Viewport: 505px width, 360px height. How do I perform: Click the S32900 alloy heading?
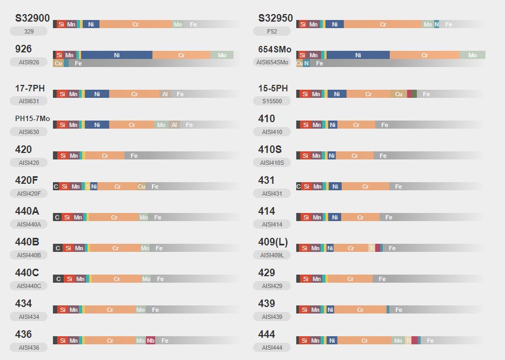coord(32,18)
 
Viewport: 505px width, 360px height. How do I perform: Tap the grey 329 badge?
coord(29,31)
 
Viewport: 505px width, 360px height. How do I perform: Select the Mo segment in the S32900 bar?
coord(178,24)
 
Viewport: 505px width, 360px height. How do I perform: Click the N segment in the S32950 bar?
coord(436,24)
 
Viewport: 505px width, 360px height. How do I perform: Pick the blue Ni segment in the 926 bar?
coord(117,55)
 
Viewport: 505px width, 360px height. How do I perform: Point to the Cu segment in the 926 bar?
coord(58,63)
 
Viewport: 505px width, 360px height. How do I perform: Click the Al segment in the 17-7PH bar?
coord(165,94)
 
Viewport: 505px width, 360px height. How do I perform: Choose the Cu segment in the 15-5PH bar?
coord(398,94)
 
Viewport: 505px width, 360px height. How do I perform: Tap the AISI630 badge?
coord(29,132)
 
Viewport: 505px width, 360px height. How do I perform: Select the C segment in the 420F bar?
coord(56,186)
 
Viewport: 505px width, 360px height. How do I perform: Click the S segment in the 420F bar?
coord(87,186)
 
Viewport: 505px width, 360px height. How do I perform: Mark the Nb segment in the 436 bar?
coord(151,341)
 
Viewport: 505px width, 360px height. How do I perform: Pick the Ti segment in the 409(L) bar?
coord(371,248)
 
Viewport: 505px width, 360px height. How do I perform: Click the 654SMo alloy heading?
coord(275,49)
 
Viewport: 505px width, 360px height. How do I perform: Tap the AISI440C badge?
coord(29,286)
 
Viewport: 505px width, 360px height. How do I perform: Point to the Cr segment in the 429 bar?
coord(350,279)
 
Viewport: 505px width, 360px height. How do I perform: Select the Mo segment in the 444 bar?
coord(398,341)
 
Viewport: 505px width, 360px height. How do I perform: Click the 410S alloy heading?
coord(270,149)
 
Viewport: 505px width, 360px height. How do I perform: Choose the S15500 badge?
coord(272,101)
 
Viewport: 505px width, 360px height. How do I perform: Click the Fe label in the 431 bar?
coord(398,186)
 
